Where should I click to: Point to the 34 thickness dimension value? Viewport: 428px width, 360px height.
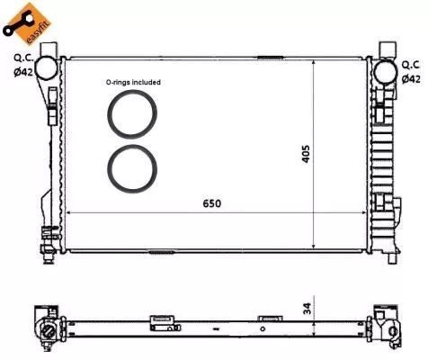[x=307, y=309]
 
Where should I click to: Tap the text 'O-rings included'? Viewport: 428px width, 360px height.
[x=133, y=82]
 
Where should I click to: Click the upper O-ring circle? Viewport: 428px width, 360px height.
[x=133, y=114]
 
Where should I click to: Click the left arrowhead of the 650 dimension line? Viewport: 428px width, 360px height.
[x=72, y=214]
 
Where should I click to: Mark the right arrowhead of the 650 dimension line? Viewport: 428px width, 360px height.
[x=367, y=214]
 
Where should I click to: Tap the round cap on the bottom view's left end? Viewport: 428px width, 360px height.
[x=46, y=333]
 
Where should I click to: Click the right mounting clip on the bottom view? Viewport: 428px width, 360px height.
[x=268, y=318]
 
